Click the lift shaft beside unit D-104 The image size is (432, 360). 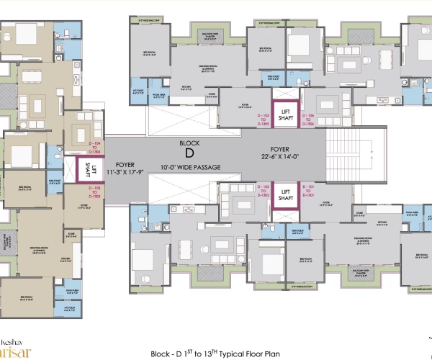coord(87,170)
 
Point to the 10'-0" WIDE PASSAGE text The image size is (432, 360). coord(190,167)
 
